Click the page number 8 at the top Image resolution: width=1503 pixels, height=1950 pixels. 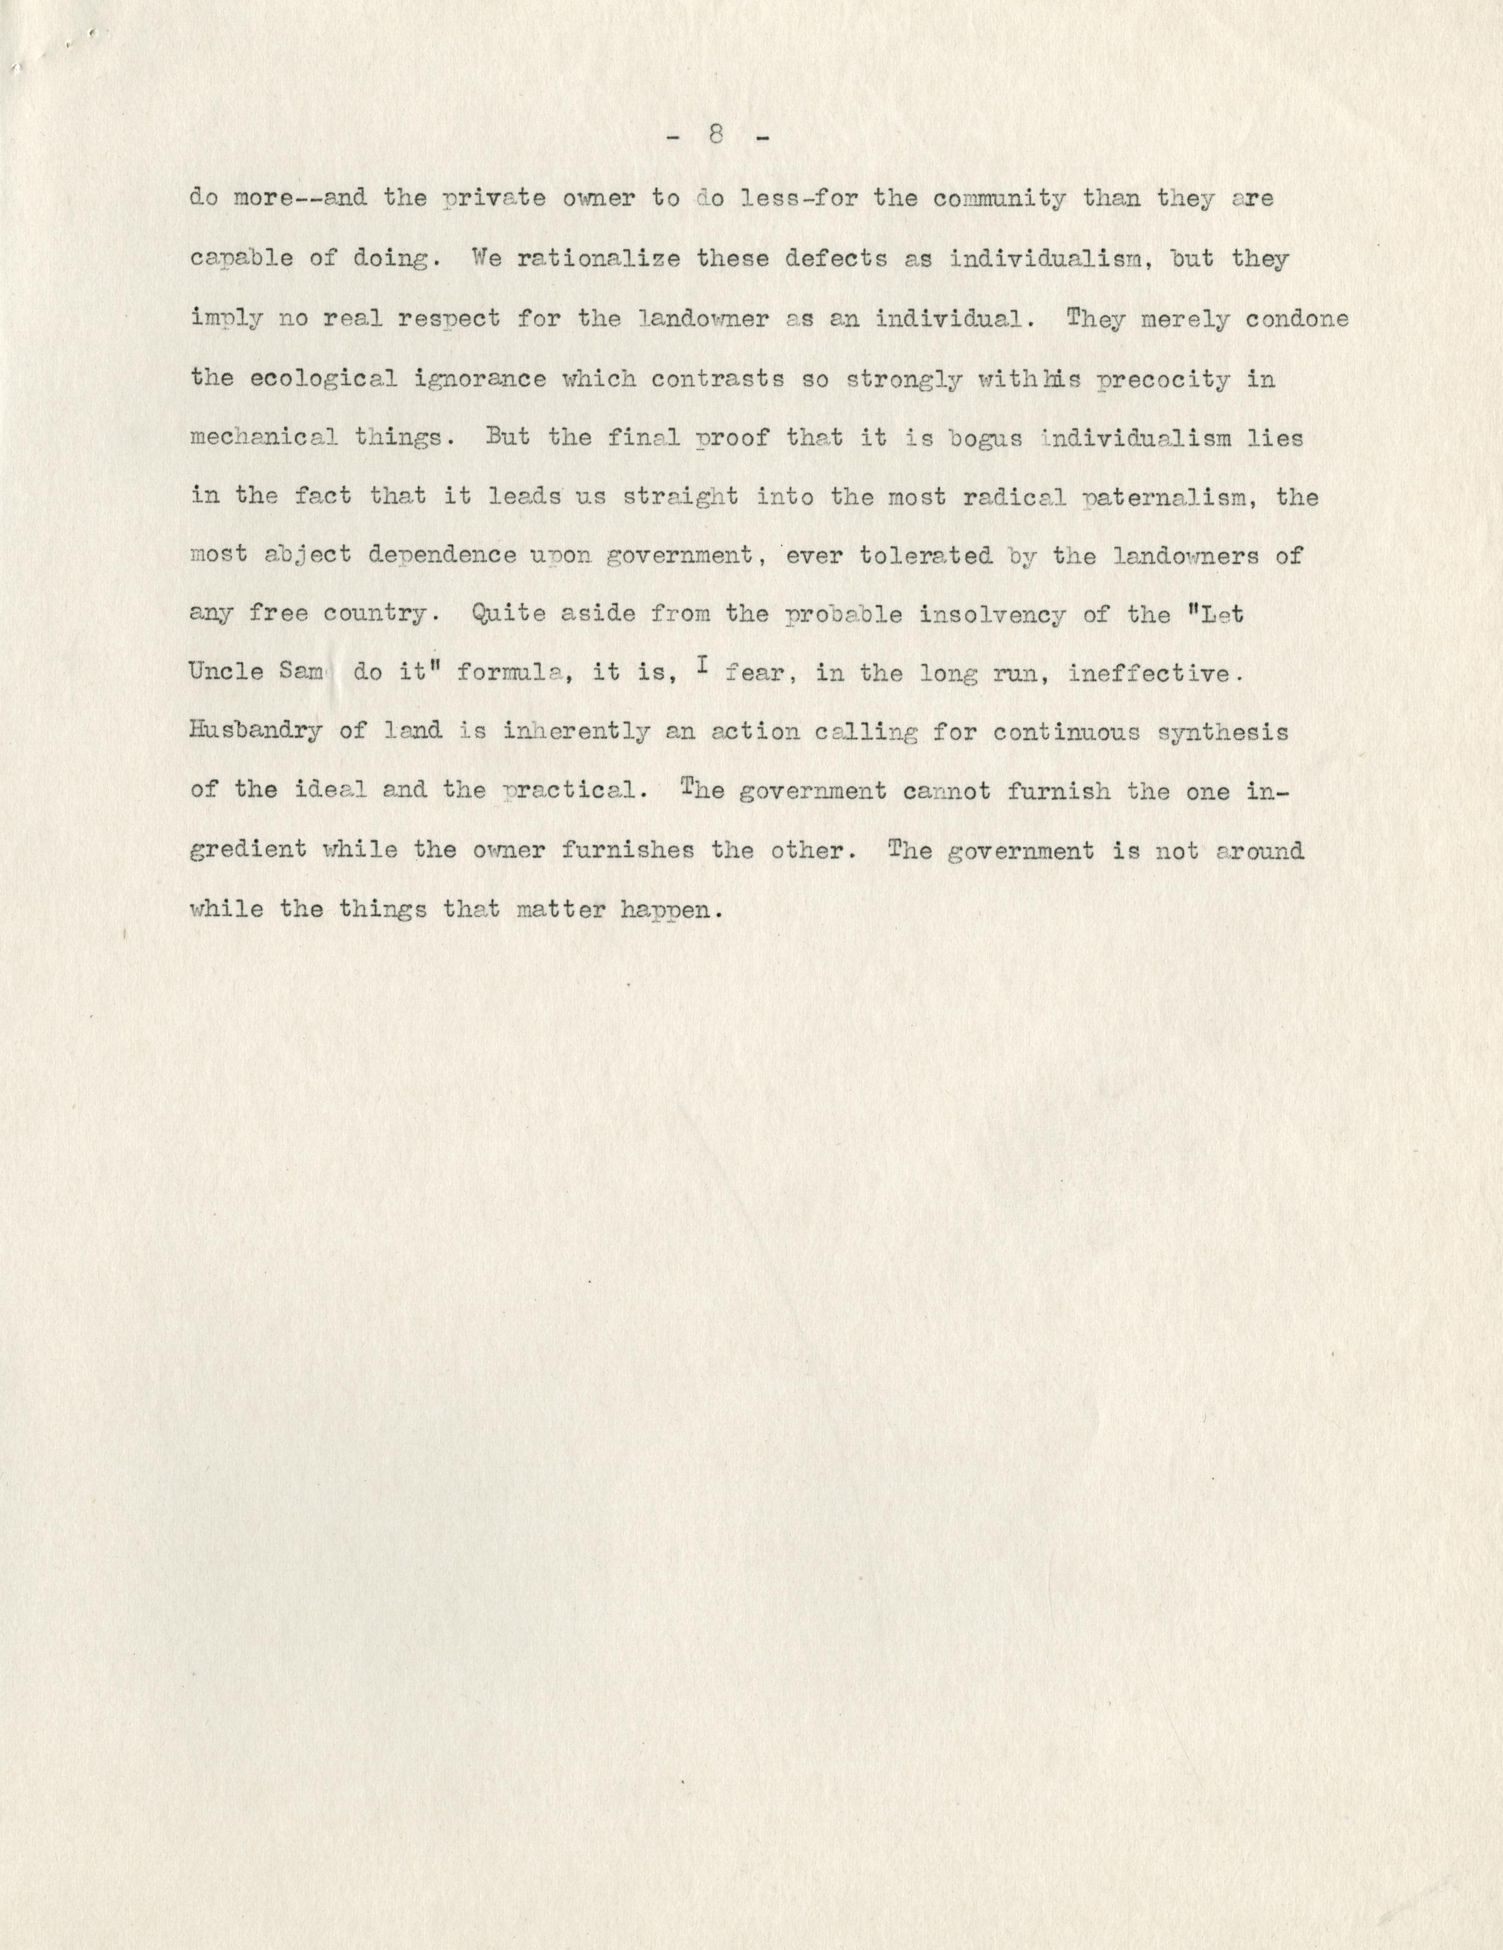[716, 136]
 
